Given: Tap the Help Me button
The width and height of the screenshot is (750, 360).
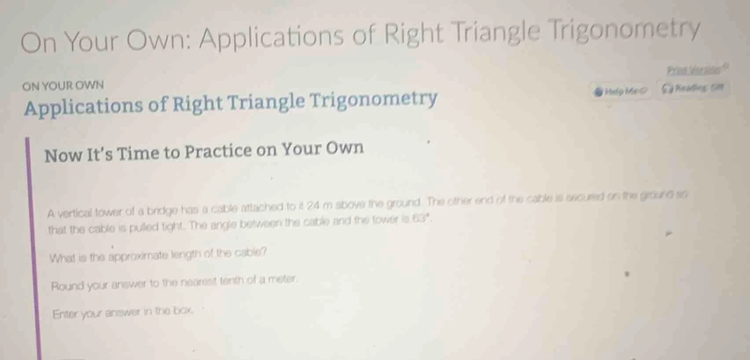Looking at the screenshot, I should click(x=621, y=92).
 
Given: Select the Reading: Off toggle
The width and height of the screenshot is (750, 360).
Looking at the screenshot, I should click(x=692, y=88).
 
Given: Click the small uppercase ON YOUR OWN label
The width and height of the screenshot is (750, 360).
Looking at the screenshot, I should click(x=63, y=85).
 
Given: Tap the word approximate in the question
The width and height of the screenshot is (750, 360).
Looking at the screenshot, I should click(x=138, y=256).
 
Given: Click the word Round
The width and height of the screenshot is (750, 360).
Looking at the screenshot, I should click(x=66, y=287).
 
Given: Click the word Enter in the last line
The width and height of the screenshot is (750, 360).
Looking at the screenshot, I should click(x=66, y=314).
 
